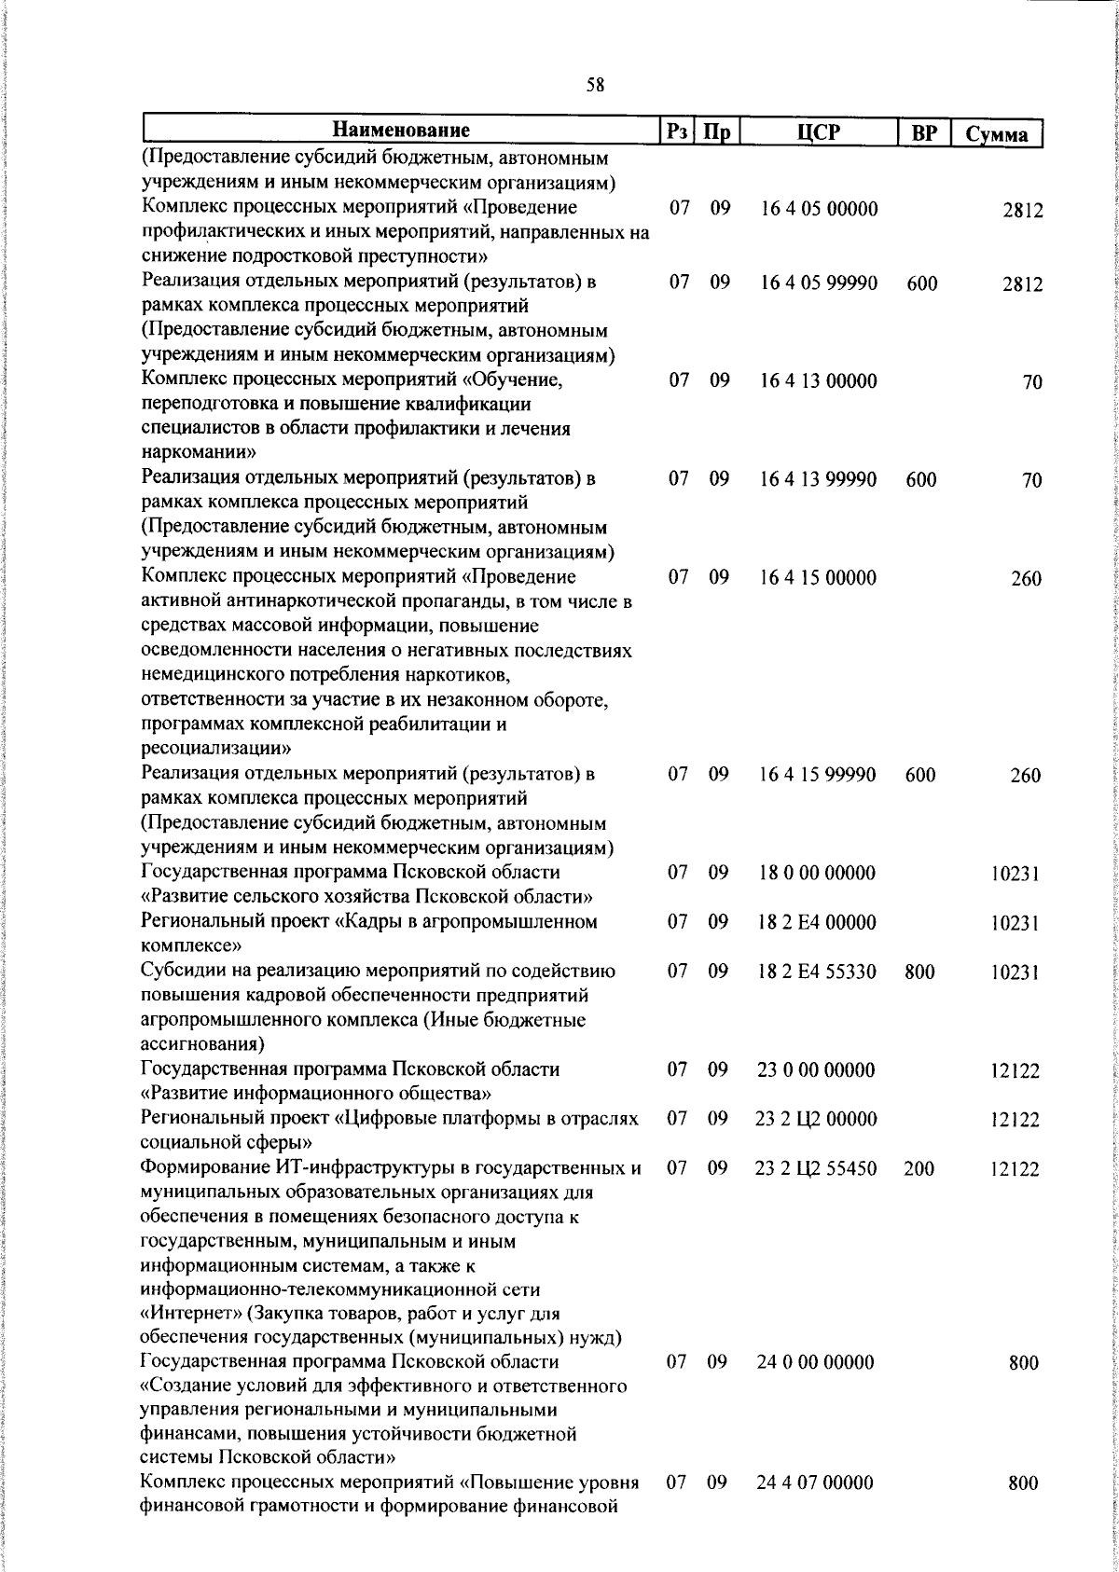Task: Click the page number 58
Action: (595, 85)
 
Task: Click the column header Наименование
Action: (402, 130)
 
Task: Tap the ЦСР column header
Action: (819, 131)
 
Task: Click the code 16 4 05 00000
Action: (819, 208)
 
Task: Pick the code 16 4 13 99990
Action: (819, 479)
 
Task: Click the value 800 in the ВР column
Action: (919, 972)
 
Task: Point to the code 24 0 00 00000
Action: (816, 1362)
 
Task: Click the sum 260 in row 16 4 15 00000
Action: (1025, 579)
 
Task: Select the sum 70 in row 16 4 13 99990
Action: (1031, 481)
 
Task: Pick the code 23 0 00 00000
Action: (816, 1069)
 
